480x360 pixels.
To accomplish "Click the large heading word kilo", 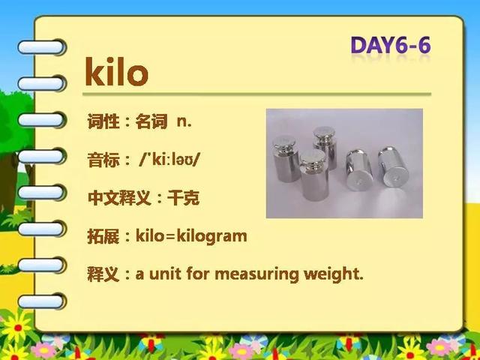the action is pyautogui.click(x=116, y=72).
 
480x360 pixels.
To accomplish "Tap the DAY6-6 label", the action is pyautogui.click(x=391, y=45).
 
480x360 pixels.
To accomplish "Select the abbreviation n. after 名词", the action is pyautogui.click(x=184, y=121).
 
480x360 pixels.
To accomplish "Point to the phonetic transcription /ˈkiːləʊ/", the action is pyautogui.click(x=169, y=160).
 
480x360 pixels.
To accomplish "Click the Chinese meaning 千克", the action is pyautogui.click(x=183, y=198).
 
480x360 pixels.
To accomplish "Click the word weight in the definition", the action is pyautogui.click(x=331, y=273).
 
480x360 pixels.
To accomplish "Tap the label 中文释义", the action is pyautogui.click(x=119, y=198).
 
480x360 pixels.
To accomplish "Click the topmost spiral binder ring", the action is pyautogui.click(x=42, y=47).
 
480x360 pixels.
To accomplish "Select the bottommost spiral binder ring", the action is pyautogui.click(x=42, y=301).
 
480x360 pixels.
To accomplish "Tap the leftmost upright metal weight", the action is pyautogui.click(x=285, y=158).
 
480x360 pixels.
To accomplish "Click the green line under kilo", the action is pyautogui.click(x=256, y=94).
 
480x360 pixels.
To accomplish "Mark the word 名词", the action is pyautogui.click(x=151, y=121).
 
